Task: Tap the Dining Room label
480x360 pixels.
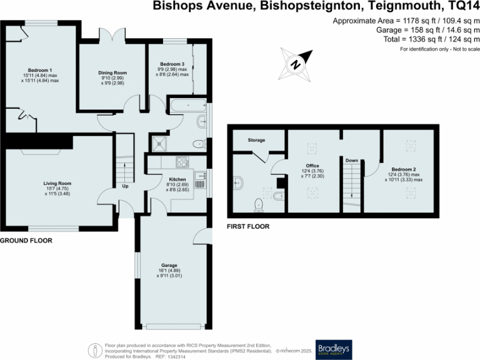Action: tap(112, 73)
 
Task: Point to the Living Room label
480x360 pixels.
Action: tap(59, 183)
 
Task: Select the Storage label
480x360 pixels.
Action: tap(256, 141)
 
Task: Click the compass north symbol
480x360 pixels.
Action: tap(296, 63)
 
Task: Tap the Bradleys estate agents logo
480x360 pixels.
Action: tap(334, 347)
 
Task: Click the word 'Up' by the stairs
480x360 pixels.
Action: tap(125, 186)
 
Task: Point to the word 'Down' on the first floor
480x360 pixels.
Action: tap(352, 161)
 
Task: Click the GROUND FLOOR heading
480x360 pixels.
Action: tap(26, 240)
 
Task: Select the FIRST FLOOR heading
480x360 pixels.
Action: tap(248, 227)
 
